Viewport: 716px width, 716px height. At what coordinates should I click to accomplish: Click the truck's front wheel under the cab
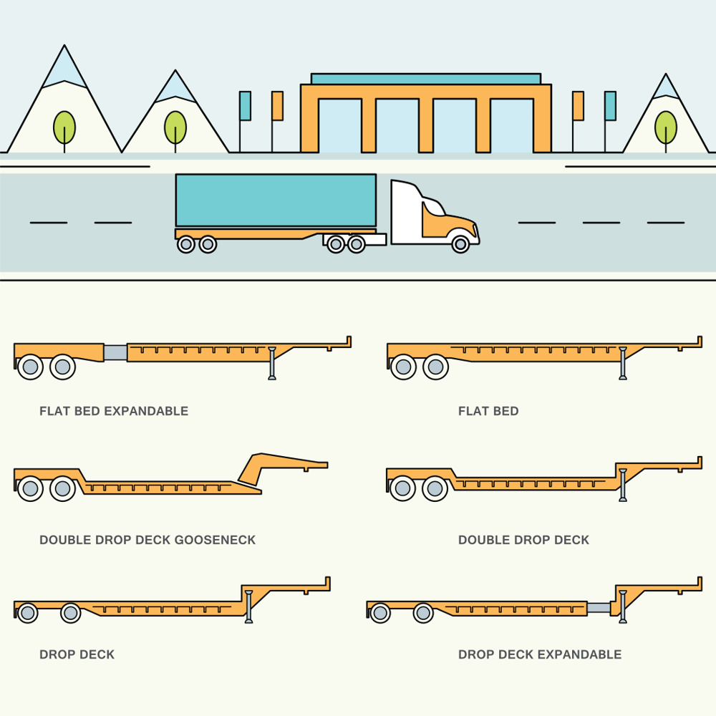point(461,244)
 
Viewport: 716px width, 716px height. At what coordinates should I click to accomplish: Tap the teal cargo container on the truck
point(276,200)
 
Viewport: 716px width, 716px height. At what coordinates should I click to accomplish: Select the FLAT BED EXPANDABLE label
point(114,411)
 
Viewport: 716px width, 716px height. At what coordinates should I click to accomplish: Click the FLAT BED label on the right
point(488,411)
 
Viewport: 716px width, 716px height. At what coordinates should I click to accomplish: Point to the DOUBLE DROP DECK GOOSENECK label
point(147,540)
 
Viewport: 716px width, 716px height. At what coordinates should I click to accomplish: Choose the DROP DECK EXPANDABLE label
point(540,654)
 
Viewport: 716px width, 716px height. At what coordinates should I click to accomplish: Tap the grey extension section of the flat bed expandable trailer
point(115,352)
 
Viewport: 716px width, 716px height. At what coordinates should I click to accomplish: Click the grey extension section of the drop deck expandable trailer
point(599,607)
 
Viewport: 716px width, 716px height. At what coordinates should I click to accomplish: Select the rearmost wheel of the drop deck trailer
point(27,613)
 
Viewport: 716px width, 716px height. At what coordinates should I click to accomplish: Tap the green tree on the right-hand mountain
point(666,127)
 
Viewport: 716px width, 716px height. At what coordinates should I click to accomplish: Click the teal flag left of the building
point(245,105)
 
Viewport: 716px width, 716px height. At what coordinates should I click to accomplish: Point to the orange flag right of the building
point(578,105)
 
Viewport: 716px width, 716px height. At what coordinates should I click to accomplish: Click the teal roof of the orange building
point(425,79)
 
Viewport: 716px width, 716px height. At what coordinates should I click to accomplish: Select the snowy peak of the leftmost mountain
point(64,68)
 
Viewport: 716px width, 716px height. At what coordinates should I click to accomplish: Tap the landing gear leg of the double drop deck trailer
point(623,485)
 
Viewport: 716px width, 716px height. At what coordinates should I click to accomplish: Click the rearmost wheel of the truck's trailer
point(186,244)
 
